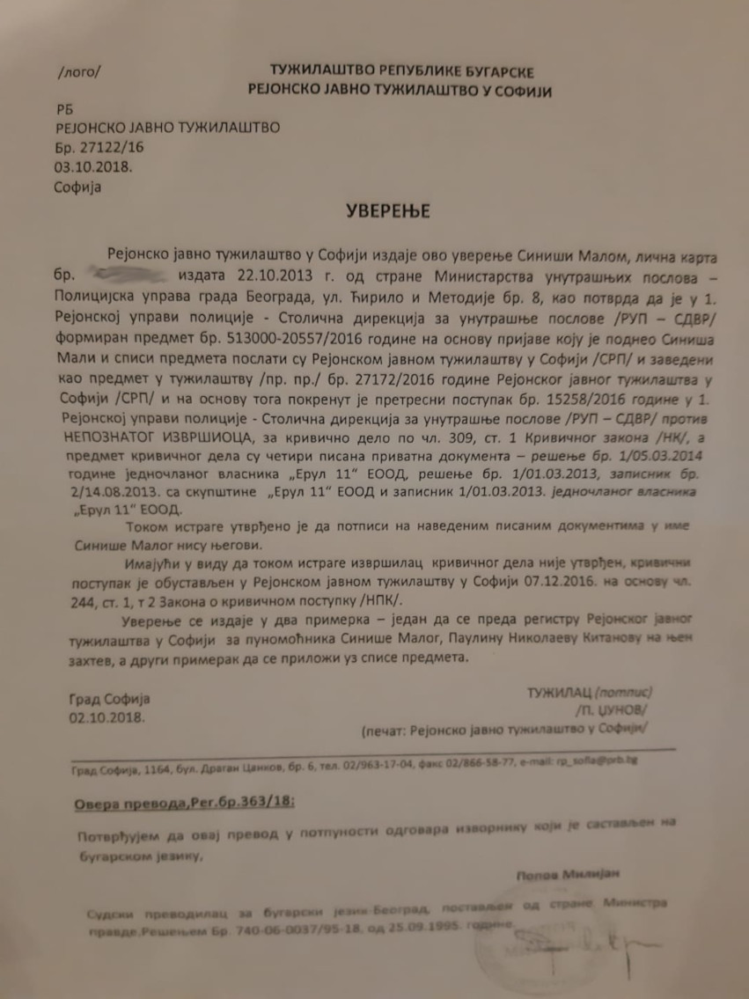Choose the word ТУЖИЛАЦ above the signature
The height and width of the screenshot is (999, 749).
(x=560, y=693)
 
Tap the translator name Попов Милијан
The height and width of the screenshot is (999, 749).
(x=564, y=873)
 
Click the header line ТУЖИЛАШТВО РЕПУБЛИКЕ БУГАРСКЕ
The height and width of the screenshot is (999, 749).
(x=400, y=72)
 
